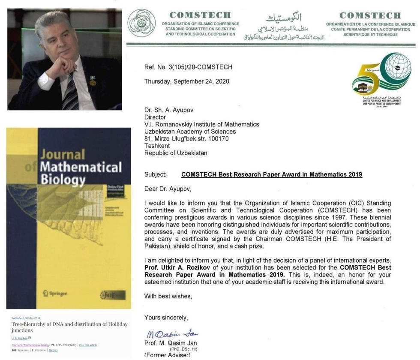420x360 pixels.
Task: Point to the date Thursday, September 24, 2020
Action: [187, 81]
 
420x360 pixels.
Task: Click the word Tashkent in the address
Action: [157, 146]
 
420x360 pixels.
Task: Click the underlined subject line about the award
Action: [271, 174]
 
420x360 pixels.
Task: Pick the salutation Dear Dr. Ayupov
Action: [168, 188]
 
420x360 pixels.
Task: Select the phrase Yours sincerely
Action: [166, 317]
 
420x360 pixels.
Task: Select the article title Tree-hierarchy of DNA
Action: [69, 327]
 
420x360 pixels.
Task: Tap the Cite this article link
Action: [88, 345]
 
